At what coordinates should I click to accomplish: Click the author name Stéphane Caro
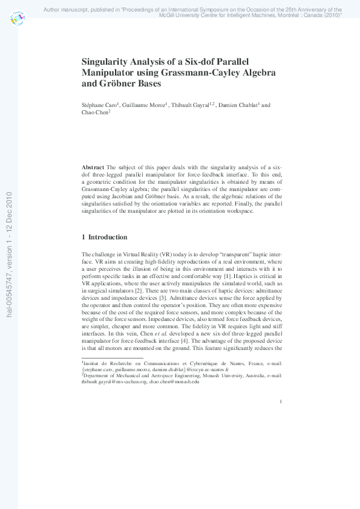click(x=100, y=105)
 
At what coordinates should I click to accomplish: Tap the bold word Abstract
click(x=93, y=166)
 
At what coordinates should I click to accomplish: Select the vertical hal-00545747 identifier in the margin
click(x=9, y=254)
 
